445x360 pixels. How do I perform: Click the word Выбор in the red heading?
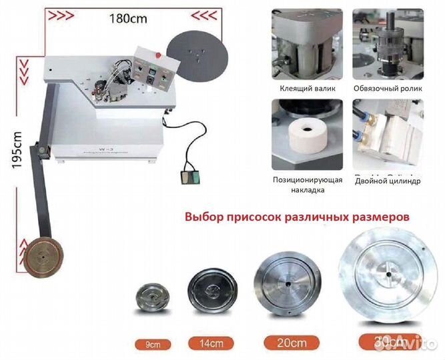point(203,217)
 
